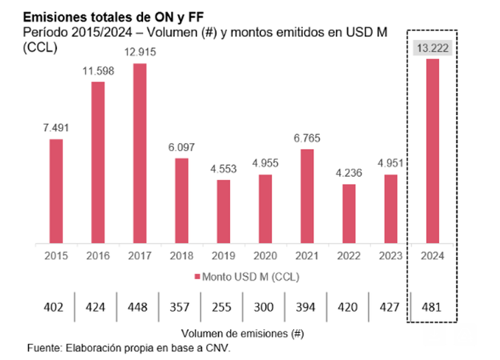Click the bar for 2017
click(x=139, y=153)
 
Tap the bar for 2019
click(x=224, y=211)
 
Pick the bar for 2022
click(x=349, y=214)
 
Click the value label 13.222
click(x=434, y=49)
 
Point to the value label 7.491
click(x=55, y=127)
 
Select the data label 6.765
click(x=307, y=138)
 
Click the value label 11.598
click(x=97, y=70)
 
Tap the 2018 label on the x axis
click(x=182, y=256)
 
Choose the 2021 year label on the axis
click(x=307, y=256)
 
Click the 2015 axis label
click(x=55, y=256)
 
